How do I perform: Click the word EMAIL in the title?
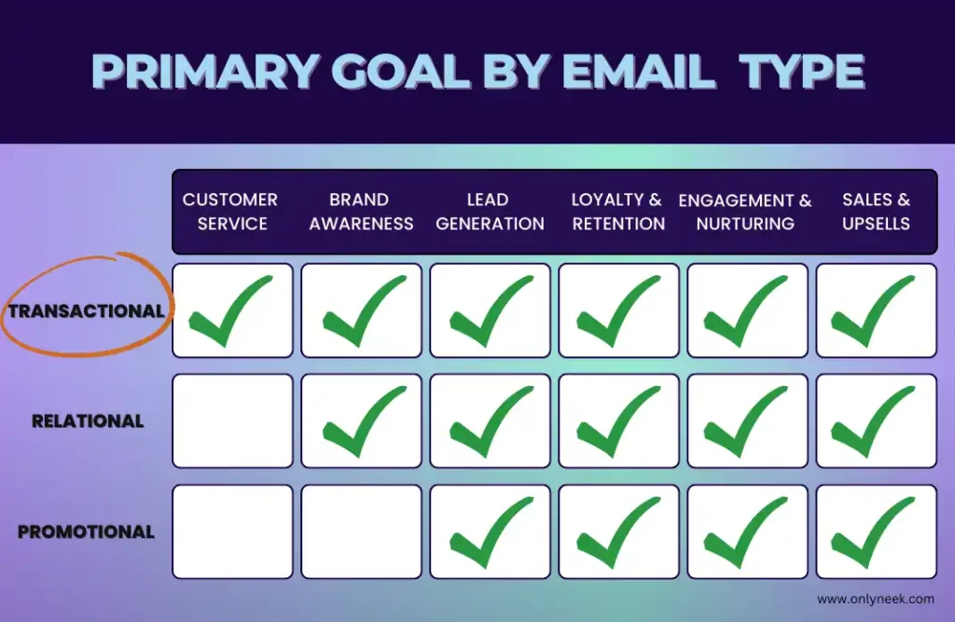[638, 71]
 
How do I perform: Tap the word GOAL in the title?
[400, 71]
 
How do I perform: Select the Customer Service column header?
[230, 212]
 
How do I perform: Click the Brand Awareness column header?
[361, 212]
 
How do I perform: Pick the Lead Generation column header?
[490, 212]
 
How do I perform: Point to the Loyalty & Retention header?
[618, 212]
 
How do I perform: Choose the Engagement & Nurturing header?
[745, 212]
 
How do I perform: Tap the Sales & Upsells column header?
[876, 212]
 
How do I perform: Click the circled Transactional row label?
[86, 311]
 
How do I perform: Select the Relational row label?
[88, 421]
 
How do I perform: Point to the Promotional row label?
[86, 532]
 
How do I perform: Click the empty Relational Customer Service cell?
[232, 421]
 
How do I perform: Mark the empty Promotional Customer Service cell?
[232, 532]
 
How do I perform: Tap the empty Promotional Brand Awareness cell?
[361, 532]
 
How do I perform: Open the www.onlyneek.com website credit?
[875, 599]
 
